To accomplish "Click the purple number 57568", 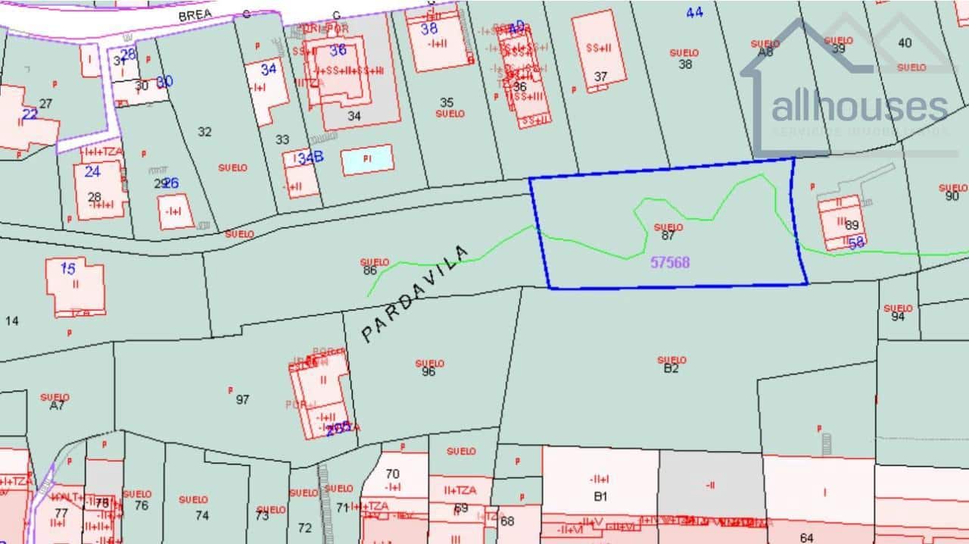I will pyautogui.click(x=670, y=262).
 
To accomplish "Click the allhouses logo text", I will pyautogui.click(x=859, y=107).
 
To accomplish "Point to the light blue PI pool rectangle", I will pyautogui.click(x=367, y=159).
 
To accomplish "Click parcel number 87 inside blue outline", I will pyautogui.click(x=668, y=236).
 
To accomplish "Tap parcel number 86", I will pyautogui.click(x=369, y=270).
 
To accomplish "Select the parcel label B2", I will pyautogui.click(x=671, y=369).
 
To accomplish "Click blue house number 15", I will pyautogui.click(x=68, y=268).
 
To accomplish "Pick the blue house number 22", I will pyautogui.click(x=30, y=114).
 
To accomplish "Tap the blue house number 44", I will pyautogui.click(x=694, y=12).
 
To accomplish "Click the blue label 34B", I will pyautogui.click(x=310, y=158).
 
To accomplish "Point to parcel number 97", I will pyautogui.click(x=242, y=399).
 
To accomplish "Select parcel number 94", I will pyautogui.click(x=898, y=317).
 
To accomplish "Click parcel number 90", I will pyautogui.click(x=952, y=196).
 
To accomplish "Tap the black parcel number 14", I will pyautogui.click(x=11, y=321).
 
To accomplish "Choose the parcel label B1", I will pyautogui.click(x=600, y=497).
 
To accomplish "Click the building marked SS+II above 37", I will pyautogui.click(x=599, y=47).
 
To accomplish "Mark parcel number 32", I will pyautogui.click(x=204, y=132).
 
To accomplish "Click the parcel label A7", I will pyautogui.click(x=57, y=405).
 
